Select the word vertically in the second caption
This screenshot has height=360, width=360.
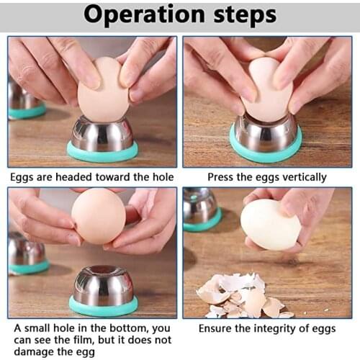pos(297,176)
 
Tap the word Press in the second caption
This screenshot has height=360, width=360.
pos(221,176)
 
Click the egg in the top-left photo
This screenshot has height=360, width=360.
pos(102,90)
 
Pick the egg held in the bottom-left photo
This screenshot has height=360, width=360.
pos(99,216)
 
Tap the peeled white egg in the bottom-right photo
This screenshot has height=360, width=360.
pos(270,225)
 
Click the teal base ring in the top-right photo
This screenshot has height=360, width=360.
pos(266,151)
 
